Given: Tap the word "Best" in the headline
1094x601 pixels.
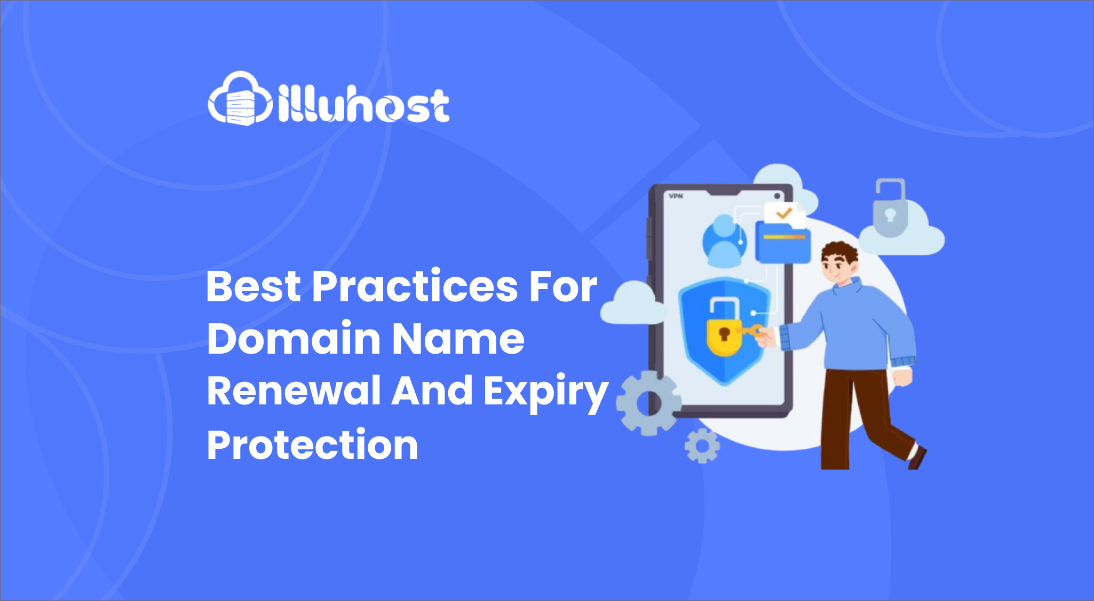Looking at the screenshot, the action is pos(253,286).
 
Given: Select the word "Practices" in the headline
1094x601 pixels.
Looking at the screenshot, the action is pos(415,286).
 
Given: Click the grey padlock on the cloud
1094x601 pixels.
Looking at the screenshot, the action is pos(890,208).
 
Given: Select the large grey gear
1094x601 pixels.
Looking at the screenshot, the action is pos(648,403).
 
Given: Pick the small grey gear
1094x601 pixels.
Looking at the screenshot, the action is pos(702,446).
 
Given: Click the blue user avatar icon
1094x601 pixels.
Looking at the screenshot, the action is pos(724,240).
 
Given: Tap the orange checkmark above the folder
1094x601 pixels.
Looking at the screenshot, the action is pos(783,214).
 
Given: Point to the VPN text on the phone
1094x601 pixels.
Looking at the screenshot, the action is pos(676,196).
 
